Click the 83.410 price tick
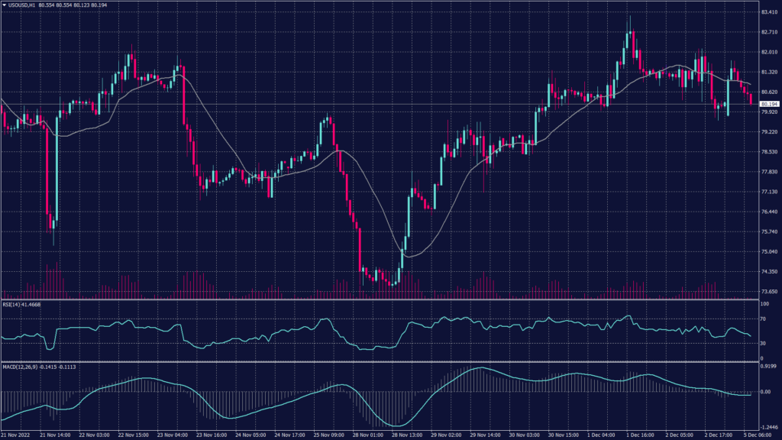[767, 13]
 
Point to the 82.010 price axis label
[767, 53]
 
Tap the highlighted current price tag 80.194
[767, 104]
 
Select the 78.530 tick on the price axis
[767, 152]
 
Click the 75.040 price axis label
[767, 251]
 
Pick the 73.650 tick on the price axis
[767, 292]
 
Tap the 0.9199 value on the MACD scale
[767, 366]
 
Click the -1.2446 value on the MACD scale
[767, 428]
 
